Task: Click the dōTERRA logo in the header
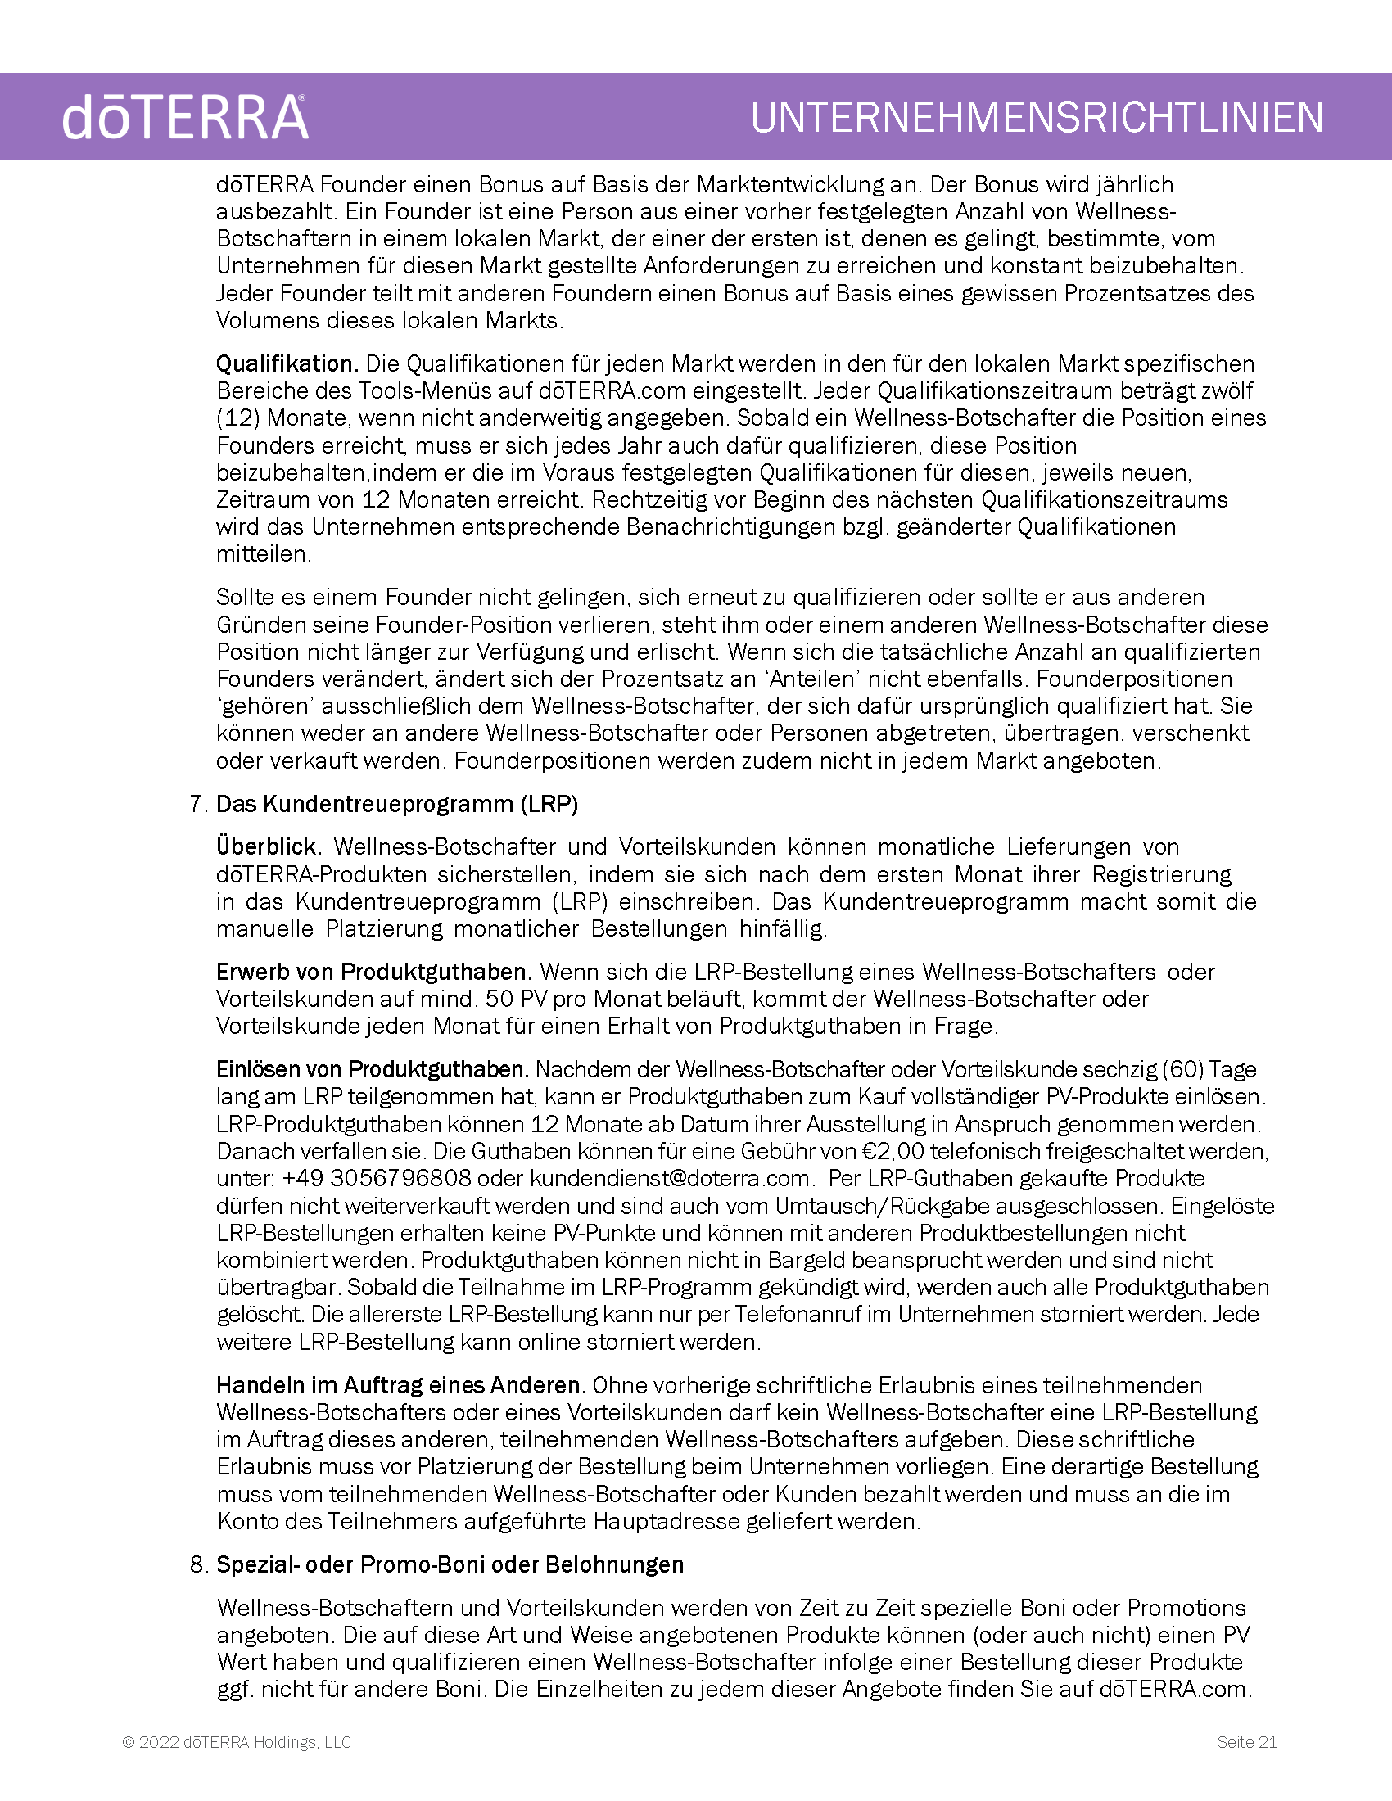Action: point(185,117)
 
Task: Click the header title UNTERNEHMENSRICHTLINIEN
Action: point(1037,117)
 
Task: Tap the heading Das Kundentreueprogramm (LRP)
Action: point(396,804)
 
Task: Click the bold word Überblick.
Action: point(269,847)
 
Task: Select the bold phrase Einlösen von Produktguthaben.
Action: point(372,1070)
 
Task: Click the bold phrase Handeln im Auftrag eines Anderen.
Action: point(400,1385)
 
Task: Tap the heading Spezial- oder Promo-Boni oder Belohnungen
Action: point(450,1564)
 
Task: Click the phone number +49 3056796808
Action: point(377,1178)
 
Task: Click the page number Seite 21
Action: point(1247,1741)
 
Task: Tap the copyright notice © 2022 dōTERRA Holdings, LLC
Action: point(237,1741)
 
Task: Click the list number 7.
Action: point(198,804)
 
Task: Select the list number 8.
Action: point(198,1564)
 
